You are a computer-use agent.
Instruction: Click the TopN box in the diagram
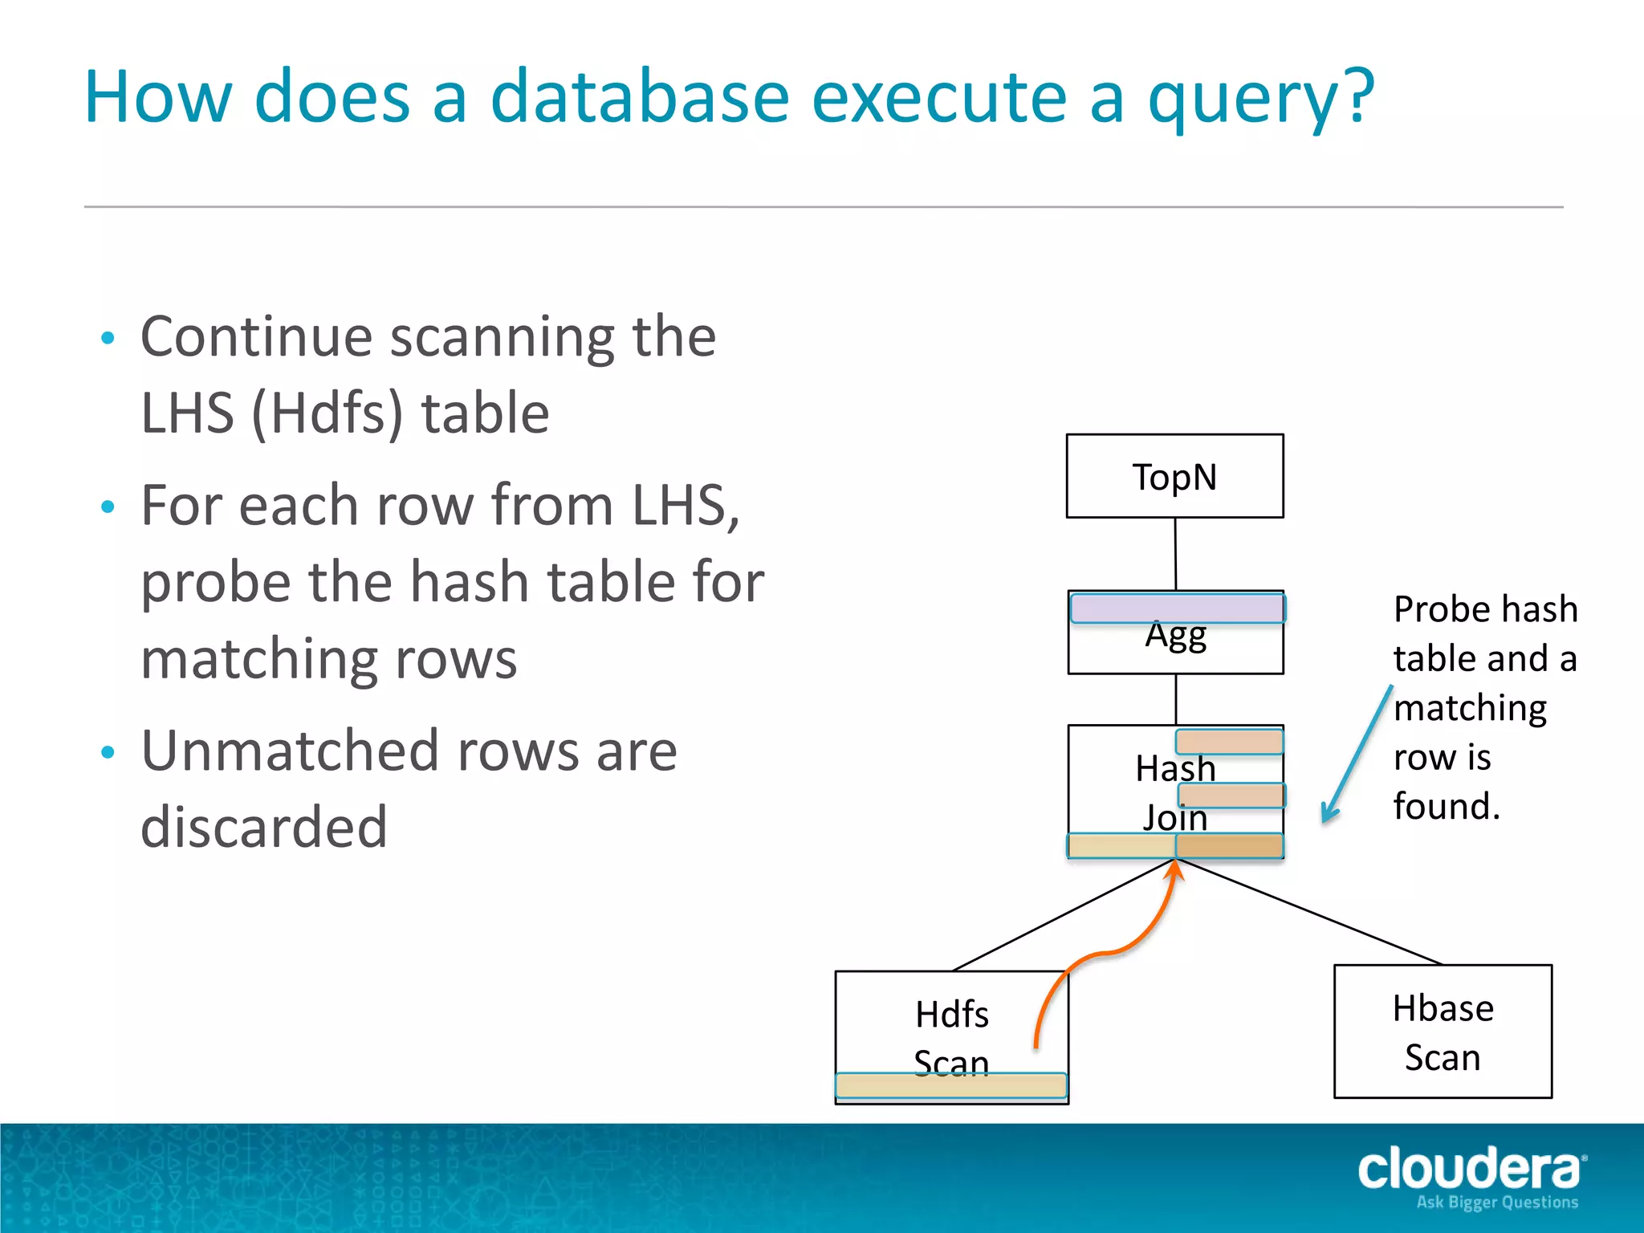pyautogui.click(x=1174, y=476)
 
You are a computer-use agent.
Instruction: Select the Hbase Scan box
pyautogui.click(x=1443, y=1031)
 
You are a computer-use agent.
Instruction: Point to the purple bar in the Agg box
pyautogui.click(x=1178, y=608)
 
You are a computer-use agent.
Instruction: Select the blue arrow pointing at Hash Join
pyautogui.click(x=1357, y=755)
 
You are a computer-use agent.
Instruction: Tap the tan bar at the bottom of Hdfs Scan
pyautogui.click(x=951, y=1085)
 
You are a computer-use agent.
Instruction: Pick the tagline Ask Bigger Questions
pyautogui.click(x=1497, y=1202)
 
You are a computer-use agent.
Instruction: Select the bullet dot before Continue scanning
pyautogui.click(x=108, y=338)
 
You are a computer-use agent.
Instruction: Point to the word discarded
pyautogui.click(x=264, y=827)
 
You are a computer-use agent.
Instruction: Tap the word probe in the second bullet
pyautogui.click(x=214, y=582)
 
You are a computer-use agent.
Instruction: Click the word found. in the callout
pyautogui.click(x=1447, y=805)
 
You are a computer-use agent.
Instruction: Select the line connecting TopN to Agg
pyautogui.click(x=1175, y=554)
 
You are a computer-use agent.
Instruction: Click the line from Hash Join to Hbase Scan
pyautogui.click(x=1308, y=911)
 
